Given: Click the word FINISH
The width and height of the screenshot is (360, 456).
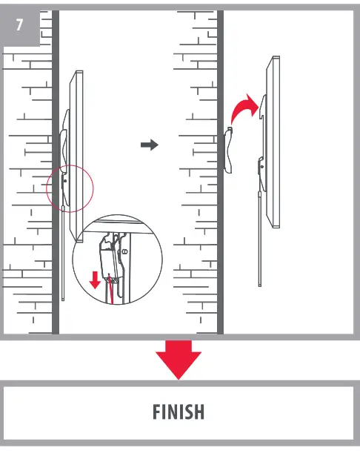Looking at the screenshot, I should click(179, 412).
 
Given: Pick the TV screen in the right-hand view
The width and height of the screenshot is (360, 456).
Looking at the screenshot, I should click(273, 141).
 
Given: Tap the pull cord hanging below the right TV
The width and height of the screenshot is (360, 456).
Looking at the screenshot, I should click(259, 237).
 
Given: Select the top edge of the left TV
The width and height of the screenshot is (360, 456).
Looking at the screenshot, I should click(77, 72).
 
